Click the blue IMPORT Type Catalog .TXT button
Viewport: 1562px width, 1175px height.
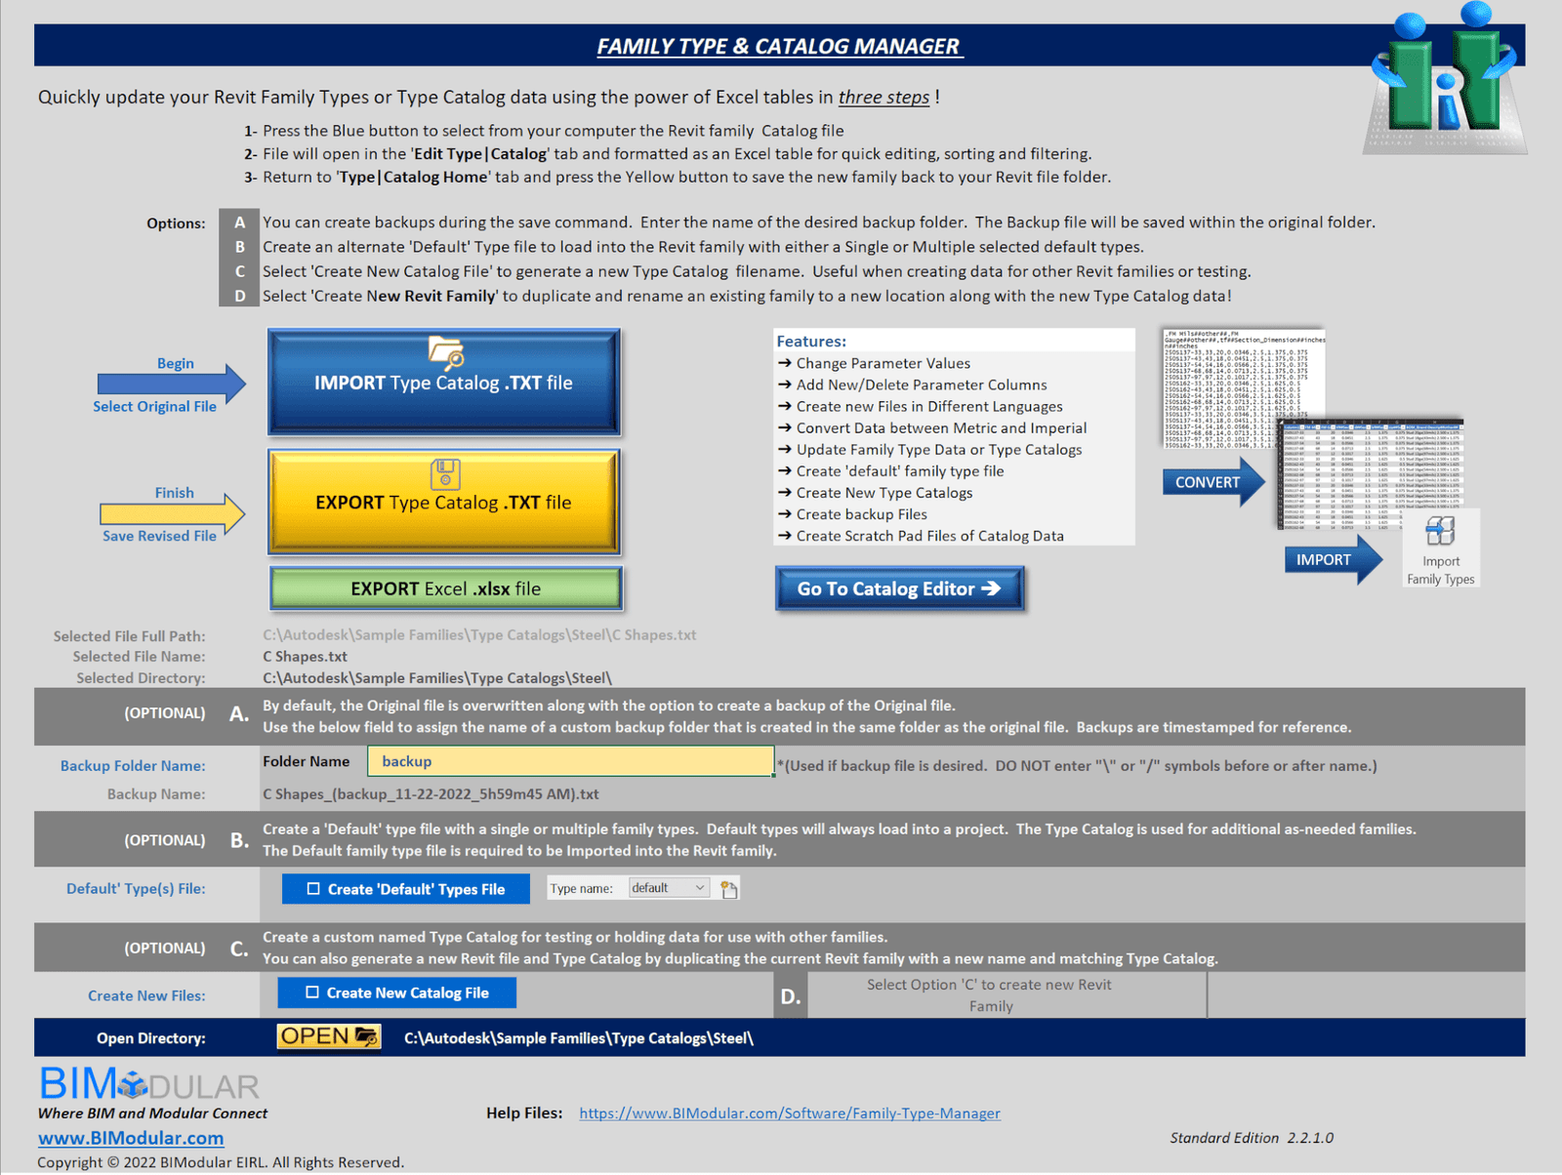(444, 383)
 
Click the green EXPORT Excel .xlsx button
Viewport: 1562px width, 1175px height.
(445, 588)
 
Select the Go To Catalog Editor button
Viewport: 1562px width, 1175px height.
(899, 588)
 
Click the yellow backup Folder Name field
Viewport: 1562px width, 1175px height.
(570, 761)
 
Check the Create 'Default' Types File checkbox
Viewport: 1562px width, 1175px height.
(313, 889)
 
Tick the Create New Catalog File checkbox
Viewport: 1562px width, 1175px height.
(312, 993)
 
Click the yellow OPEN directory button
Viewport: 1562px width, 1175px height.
(328, 1036)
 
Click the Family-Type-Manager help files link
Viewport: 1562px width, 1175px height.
(789, 1113)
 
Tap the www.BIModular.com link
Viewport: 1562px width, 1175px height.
(131, 1138)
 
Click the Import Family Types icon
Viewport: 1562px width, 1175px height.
(1440, 532)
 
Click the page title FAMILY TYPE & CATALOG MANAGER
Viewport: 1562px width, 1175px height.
(778, 46)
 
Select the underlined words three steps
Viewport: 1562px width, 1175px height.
(884, 97)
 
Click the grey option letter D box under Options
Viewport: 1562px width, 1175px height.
(239, 296)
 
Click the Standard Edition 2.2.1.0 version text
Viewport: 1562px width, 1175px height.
(1252, 1138)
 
